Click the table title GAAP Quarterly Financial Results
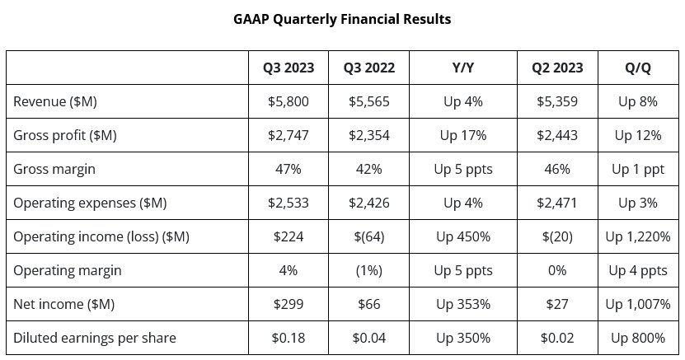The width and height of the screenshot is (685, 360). [x=342, y=19]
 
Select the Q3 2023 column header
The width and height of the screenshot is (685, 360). [x=288, y=68]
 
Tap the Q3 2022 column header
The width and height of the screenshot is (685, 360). [x=368, y=68]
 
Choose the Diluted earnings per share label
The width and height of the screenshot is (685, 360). [x=94, y=338]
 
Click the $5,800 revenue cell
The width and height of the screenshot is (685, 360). [x=288, y=101]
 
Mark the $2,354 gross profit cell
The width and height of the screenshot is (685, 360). [x=368, y=135]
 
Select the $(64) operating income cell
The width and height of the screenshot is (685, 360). [x=368, y=236]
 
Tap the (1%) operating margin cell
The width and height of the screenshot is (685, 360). [x=368, y=270]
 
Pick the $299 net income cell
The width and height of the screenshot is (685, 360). [x=288, y=304]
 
